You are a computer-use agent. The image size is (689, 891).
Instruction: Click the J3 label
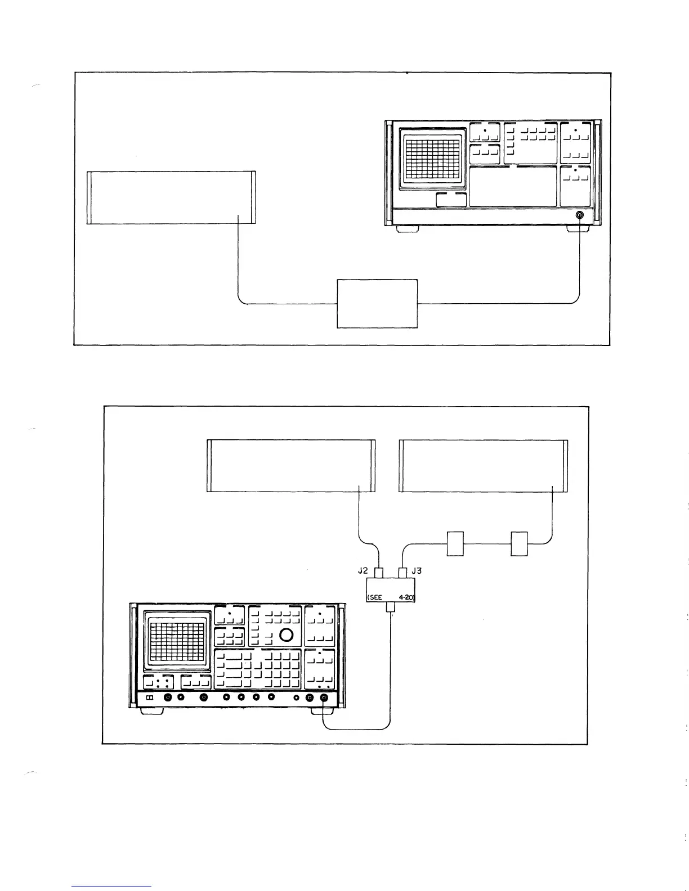[417, 570]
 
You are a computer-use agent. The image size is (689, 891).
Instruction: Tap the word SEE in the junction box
[374, 598]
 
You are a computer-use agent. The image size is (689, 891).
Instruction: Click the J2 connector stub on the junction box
[379, 573]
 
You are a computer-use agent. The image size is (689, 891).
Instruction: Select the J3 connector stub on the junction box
[402, 573]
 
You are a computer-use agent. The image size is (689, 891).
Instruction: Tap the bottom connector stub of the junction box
[391, 608]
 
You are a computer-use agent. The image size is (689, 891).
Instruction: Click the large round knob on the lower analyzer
[286, 635]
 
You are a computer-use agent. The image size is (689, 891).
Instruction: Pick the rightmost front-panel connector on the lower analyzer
[324, 698]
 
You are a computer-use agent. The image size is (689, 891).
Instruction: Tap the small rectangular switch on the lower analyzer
[150, 698]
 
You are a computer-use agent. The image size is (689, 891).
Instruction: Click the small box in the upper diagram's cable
[377, 303]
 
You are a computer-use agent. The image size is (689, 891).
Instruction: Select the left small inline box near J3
[455, 543]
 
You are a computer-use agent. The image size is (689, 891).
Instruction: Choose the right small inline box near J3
[519, 543]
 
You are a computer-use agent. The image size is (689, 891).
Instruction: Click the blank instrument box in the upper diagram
[171, 197]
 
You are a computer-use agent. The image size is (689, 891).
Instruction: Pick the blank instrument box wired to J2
[291, 466]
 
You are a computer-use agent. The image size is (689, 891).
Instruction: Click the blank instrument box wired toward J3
[483, 466]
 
